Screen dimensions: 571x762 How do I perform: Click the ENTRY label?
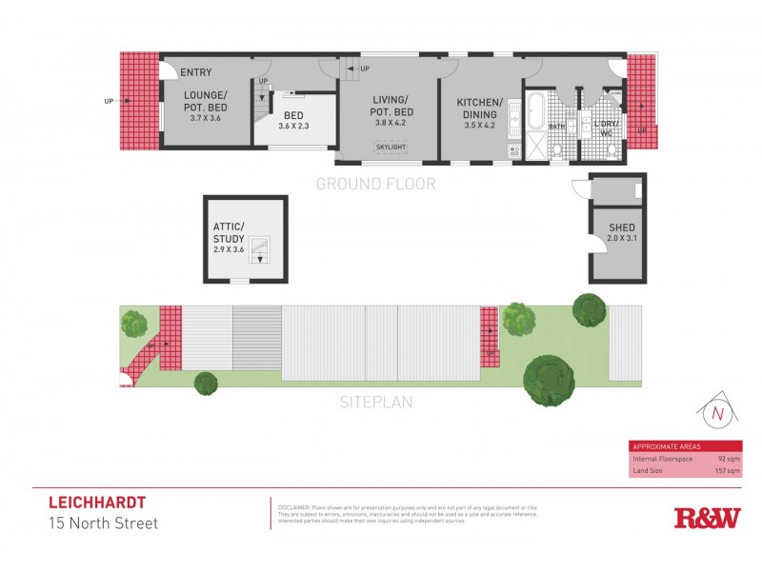(x=195, y=72)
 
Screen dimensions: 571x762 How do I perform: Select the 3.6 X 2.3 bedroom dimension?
(x=294, y=126)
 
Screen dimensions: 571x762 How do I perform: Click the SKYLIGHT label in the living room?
(x=390, y=148)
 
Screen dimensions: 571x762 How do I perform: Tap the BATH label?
(x=556, y=126)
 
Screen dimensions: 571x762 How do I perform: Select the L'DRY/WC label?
(x=607, y=128)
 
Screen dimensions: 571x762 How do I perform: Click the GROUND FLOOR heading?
(x=375, y=185)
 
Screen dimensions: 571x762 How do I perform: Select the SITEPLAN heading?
(x=376, y=403)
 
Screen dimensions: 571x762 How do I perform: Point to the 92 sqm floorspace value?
(x=729, y=458)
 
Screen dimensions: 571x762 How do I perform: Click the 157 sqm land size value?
(x=727, y=470)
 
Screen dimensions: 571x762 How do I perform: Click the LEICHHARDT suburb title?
(x=97, y=502)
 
